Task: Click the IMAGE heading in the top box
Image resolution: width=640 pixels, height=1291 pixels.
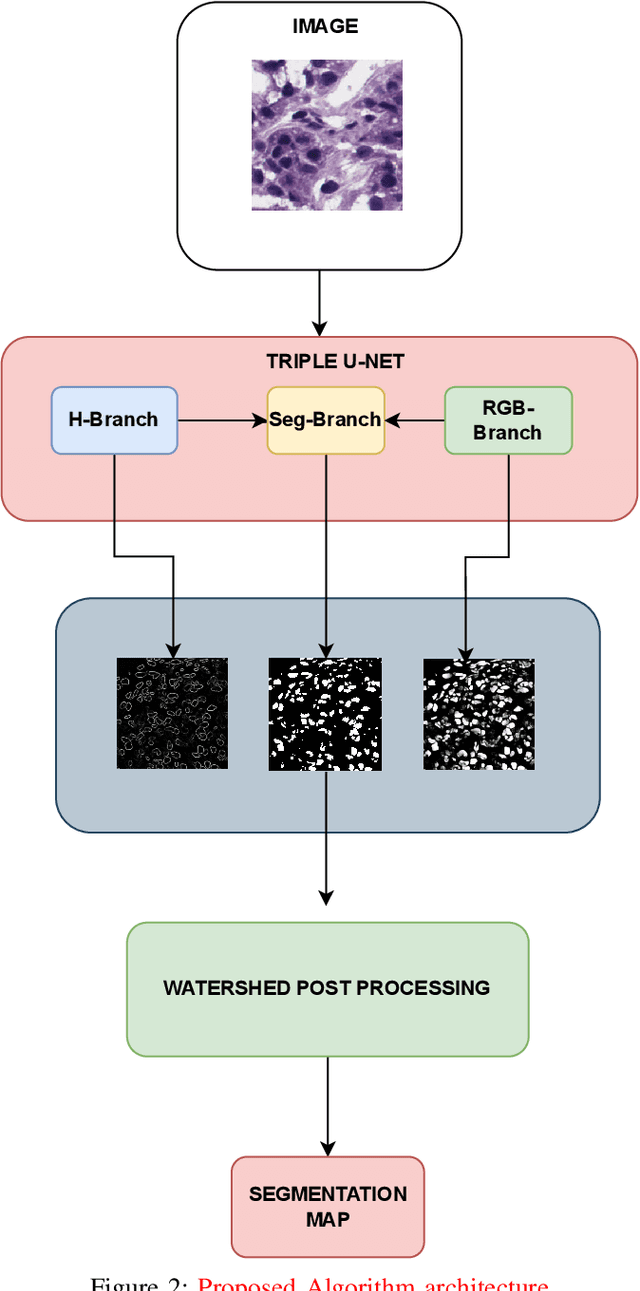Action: pos(325,27)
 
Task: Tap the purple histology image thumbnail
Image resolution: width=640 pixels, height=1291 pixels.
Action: pos(326,135)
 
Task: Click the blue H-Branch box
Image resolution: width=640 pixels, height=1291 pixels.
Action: pos(113,420)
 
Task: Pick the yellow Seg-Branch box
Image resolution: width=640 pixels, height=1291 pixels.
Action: pos(325,420)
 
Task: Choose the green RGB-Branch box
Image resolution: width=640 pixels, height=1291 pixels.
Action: pos(508,420)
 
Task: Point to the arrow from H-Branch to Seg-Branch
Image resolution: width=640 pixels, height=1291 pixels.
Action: pos(222,420)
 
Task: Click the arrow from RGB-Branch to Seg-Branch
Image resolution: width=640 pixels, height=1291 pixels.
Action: pos(415,420)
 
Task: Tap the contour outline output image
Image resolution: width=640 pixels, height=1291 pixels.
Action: pos(172,713)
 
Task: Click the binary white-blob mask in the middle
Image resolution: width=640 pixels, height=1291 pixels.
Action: pos(325,713)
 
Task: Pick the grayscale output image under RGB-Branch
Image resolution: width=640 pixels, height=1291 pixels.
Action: pos(479,713)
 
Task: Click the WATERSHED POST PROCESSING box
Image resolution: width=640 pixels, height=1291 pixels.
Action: pos(327,988)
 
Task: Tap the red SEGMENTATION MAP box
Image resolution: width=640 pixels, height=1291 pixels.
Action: pos(328,1206)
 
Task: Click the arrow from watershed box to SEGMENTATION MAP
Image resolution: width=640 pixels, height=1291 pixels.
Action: pos(328,1106)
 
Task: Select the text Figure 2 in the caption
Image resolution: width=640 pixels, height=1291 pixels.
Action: pos(133,1283)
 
